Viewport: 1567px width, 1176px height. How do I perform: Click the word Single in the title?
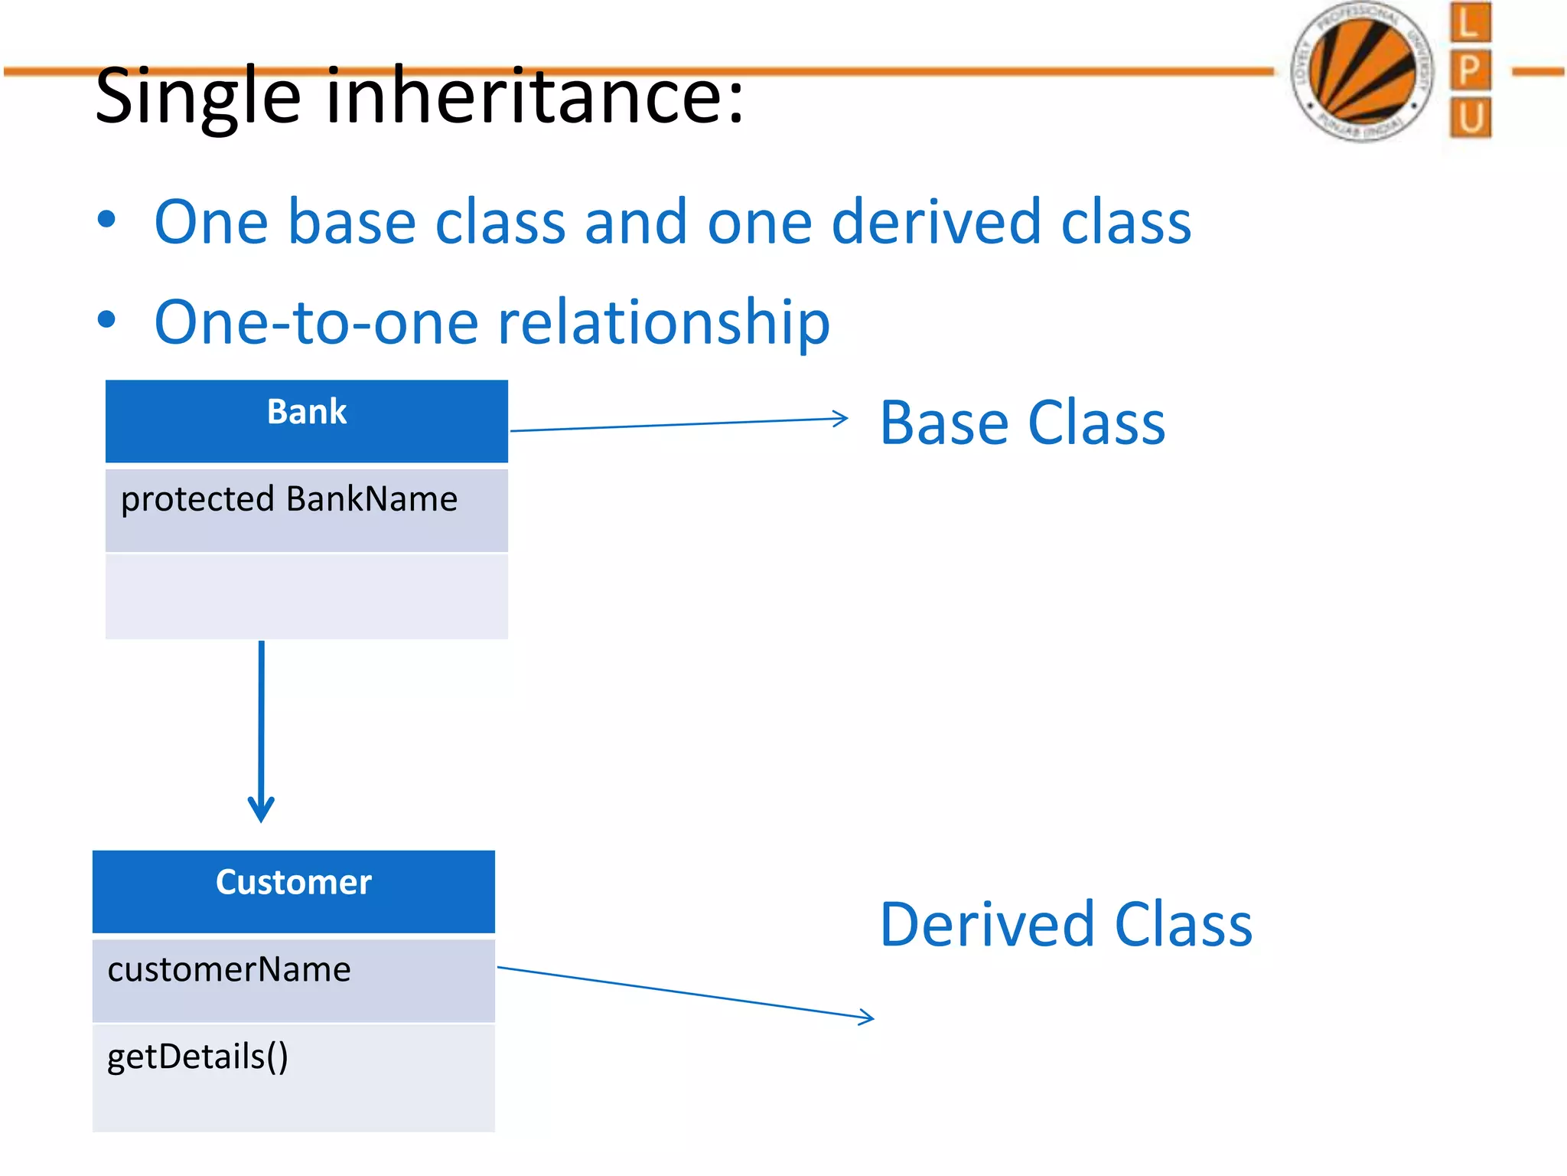pos(197,97)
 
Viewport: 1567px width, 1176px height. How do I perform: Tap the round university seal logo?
pos(1361,71)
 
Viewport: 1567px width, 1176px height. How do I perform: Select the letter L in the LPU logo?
pos(1469,23)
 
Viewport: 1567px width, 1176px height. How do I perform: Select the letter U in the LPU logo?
pos(1469,119)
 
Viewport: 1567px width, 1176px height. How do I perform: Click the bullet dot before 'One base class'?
pos(107,220)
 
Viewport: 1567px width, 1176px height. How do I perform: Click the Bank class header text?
pos(307,412)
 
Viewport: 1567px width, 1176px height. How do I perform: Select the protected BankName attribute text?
pos(289,499)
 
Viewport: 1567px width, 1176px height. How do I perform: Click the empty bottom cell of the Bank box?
pos(306,596)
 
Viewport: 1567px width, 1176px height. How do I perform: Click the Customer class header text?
pos(293,882)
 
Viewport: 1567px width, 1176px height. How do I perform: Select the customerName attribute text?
pos(229,970)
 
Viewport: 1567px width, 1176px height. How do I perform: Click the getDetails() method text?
pos(197,1057)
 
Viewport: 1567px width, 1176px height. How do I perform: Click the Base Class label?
pos(1022,423)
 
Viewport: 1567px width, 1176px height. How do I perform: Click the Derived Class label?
pos(1065,925)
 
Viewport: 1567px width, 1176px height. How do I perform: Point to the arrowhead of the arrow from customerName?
pos(868,1017)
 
